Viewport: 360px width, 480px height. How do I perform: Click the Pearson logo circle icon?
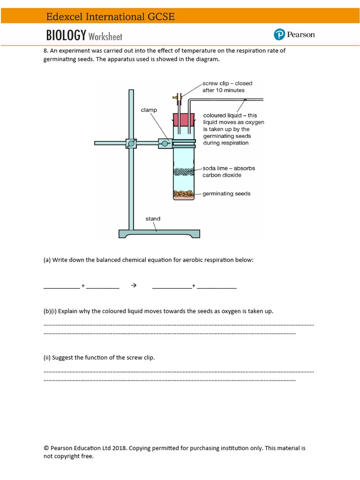tap(279, 35)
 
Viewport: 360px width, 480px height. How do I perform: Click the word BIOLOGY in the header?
tap(66, 36)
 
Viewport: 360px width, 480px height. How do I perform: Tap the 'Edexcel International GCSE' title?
tap(110, 17)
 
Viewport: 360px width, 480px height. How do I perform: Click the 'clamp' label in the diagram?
tap(149, 110)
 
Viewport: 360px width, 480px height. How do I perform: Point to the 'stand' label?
tap(153, 218)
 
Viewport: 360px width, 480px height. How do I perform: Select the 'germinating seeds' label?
tap(226, 194)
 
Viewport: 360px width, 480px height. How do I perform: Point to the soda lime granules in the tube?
tap(184, 172)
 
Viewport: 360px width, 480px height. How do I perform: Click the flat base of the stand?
tap(159, 233)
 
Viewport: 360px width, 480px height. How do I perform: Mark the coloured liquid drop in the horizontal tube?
tap(245, 99)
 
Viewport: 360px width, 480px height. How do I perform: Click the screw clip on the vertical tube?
tap(177, 98)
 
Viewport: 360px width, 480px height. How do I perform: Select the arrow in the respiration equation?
tap(134, 285)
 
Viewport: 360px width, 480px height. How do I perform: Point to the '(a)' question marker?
tap(47, 260)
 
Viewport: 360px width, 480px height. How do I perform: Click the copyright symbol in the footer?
tap(46, 448)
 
